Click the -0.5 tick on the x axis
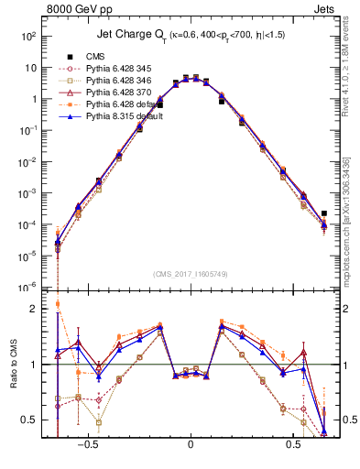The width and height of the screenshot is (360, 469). (86, 451)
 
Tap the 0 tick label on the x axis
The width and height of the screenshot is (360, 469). (191, 451)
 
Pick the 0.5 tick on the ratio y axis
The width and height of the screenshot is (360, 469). (28, 420)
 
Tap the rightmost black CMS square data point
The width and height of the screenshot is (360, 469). (324, 214)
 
